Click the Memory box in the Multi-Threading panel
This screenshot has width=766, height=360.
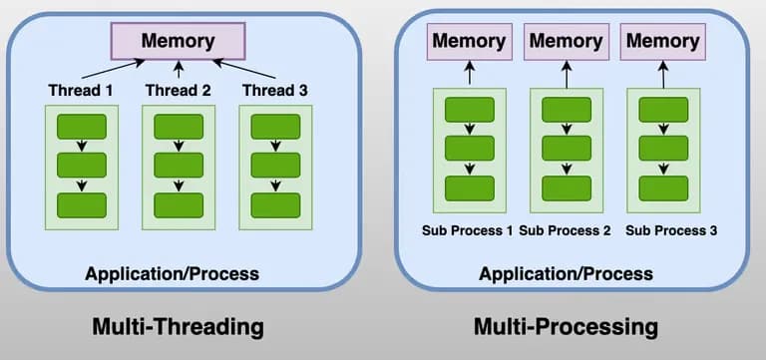[178, 42]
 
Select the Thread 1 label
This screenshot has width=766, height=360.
[82, 91]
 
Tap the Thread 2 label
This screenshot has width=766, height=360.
[178, 91]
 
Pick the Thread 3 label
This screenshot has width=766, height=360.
[274, 91]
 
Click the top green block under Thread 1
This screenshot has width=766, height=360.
[82, 127]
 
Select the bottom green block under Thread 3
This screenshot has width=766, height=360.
[275, 204]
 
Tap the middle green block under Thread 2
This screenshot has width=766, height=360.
[179, 166]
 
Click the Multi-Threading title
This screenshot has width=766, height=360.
[178, 326]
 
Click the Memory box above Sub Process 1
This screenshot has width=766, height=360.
[469, 42]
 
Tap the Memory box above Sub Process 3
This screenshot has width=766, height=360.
[662, 42]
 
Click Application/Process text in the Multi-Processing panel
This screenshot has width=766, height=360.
[567, 273]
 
